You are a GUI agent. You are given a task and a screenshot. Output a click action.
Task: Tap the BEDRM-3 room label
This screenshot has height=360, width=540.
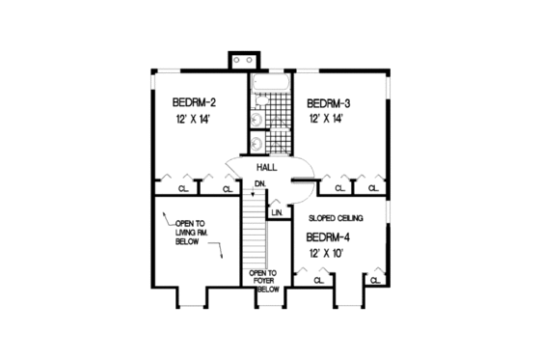(328, 102)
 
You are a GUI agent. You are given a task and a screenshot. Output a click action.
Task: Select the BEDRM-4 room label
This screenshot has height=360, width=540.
(328, 236)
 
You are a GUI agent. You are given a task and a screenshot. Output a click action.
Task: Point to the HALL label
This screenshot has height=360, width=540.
(267, 166)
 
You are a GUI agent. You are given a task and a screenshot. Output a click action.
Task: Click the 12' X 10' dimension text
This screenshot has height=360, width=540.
(327, 253)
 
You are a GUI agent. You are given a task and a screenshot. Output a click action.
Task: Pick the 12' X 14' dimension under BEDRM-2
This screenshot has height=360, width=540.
(193, 120)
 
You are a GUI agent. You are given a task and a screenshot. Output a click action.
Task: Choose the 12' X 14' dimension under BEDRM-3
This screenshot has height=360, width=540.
(327, 120)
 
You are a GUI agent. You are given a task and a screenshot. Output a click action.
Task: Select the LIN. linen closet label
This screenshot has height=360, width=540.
(277, 212)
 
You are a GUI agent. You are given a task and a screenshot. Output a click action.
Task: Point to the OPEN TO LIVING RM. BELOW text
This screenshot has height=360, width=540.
(189, 231)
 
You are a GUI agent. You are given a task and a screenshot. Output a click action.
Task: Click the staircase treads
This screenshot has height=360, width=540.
(253, 232)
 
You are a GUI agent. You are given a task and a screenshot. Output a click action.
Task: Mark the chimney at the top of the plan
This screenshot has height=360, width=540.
(236, 60)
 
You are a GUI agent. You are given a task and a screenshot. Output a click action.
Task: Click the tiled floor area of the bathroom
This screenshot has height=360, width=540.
(281, 116)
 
